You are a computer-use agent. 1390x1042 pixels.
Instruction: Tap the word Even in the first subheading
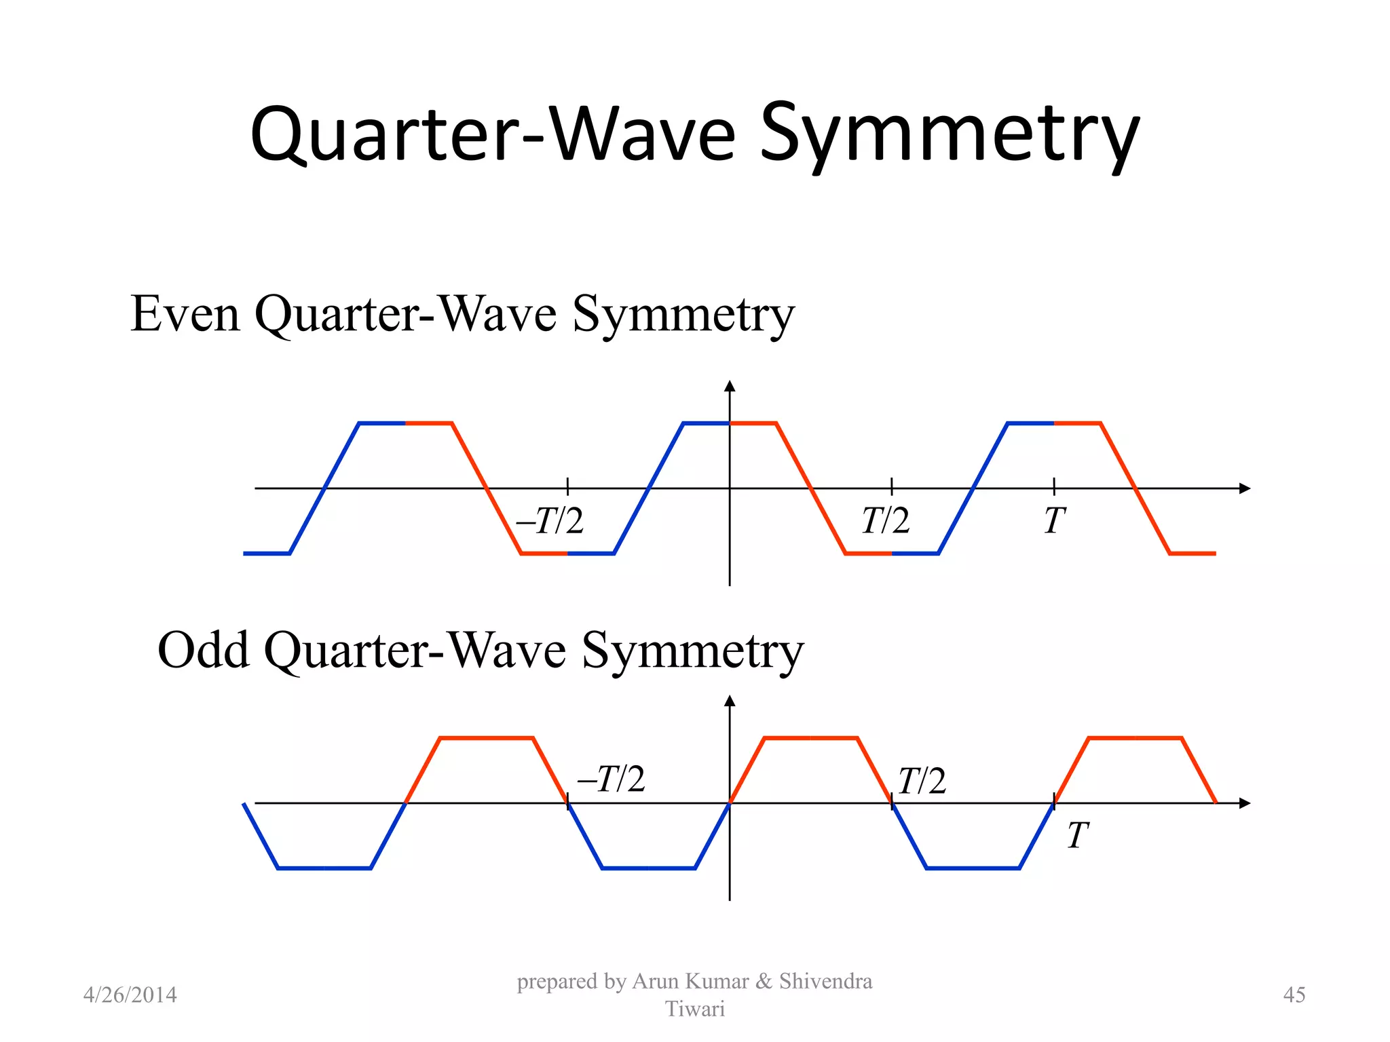pos(185,314)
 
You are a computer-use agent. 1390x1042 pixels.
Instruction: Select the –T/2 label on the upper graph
pos(550,521)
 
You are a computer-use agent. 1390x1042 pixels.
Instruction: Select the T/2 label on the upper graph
pos(885,521)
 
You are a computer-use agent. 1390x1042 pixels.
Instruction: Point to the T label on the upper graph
pos(1054,521)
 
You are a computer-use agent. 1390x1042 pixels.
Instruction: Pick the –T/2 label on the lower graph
pos(611,779)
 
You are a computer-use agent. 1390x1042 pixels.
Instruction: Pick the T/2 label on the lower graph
pos(921,781)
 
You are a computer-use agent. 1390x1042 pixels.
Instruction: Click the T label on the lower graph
pos(1077,835)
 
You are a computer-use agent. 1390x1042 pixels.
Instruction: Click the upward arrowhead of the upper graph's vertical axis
pos(730,386)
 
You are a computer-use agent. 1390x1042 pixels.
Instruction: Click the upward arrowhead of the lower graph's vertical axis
pos(730,701)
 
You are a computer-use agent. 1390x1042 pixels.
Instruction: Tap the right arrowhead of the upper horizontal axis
pos(1244,488)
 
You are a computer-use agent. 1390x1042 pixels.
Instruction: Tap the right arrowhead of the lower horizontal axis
pos(1244,803)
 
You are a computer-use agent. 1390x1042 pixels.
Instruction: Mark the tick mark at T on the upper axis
pos(1054,486)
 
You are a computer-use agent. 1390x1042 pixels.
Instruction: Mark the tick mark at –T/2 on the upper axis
pos(567,486)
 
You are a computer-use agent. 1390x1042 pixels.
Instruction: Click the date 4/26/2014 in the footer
pos(130,995)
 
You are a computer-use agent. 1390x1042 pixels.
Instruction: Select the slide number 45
pos(1294,995)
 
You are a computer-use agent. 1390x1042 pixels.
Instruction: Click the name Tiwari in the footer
pos(694,1009)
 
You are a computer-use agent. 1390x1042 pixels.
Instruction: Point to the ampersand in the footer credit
pos(764,982)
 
